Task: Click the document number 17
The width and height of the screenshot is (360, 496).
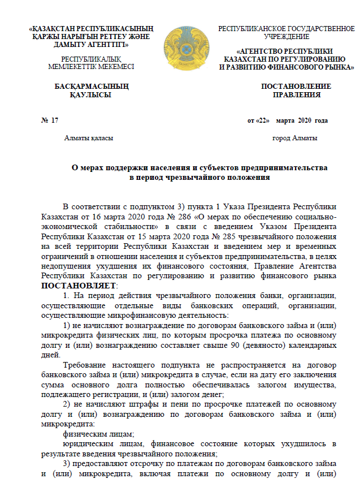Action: (x=54, y=120)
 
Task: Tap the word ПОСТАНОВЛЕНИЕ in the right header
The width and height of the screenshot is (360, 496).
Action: (x=296, y=87)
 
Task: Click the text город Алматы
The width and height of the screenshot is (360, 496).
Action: (x=294, y=138)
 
